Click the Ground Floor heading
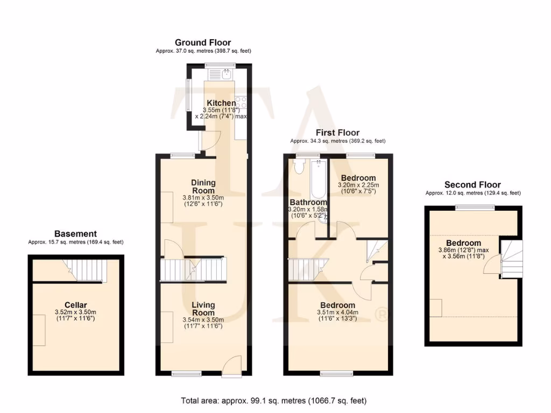(203, 42)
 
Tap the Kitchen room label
(221, 103)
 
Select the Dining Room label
(203, 187)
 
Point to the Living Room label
(203, 309)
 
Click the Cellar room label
(75, 305)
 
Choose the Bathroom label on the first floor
(307, 202)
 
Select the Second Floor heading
(473, 184)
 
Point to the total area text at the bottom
(275, 401)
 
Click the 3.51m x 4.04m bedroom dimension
(338, 312)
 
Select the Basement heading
(75, 233)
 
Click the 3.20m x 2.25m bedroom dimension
(358, 185)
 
